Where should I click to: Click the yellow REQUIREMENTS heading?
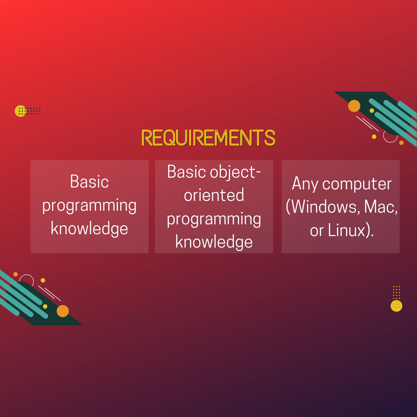208,138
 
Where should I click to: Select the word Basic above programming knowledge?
89,182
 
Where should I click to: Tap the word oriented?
214,195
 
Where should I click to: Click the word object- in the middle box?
235,172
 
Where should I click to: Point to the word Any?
305,184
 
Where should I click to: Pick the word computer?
357,184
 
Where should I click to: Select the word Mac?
381,207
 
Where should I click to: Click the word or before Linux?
317,231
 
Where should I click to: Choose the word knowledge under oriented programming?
214,242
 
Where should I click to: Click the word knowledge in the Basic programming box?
89,229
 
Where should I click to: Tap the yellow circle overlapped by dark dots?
20,111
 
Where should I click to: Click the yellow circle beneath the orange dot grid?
396,306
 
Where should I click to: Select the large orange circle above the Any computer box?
354,106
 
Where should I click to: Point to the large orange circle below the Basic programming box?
63,311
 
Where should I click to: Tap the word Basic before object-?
186,172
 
